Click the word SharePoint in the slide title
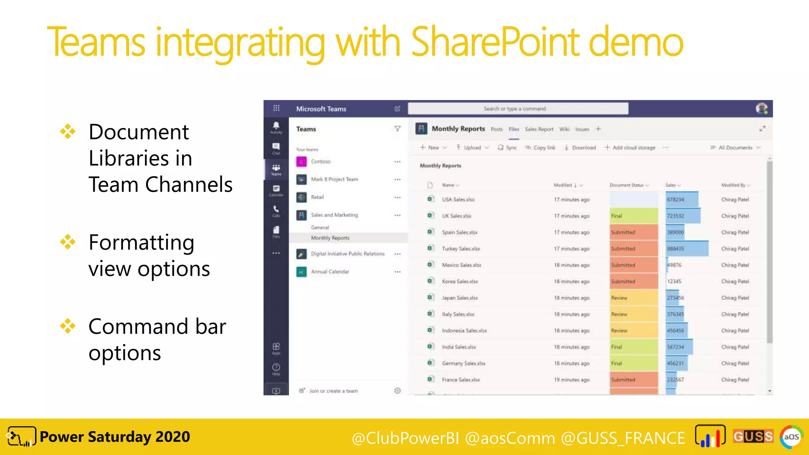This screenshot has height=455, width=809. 495,42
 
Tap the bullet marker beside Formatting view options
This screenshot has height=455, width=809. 68,242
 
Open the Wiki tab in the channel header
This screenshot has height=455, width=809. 564,129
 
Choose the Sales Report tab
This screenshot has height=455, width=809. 539,129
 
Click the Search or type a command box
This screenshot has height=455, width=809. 517,109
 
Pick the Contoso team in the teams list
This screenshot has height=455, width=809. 320,162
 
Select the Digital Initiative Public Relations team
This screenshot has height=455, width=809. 347,254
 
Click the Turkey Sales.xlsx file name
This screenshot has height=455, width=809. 461,249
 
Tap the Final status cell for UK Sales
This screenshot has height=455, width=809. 633,216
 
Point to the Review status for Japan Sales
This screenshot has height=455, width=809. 633,298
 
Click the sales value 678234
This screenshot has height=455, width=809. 675,199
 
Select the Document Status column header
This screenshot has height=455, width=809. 627,185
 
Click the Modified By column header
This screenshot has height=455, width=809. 733,185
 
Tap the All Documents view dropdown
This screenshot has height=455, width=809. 735,148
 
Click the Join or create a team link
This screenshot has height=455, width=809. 333,391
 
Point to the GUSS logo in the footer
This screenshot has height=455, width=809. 753,436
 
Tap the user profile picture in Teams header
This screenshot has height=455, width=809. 761,108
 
